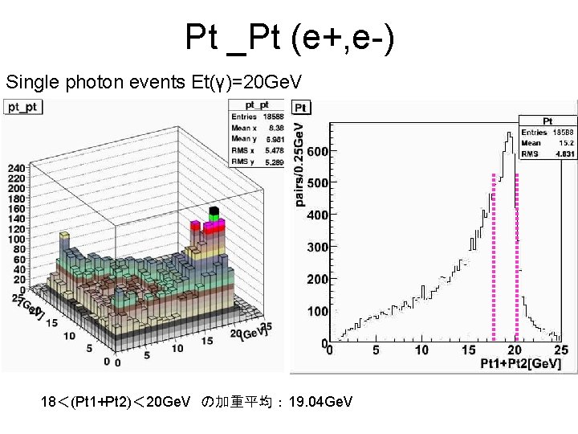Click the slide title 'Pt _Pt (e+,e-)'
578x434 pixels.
[x=289, y=38]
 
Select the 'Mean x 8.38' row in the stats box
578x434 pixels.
[x=255, y=127]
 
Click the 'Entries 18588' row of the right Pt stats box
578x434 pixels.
[x=547, y=132]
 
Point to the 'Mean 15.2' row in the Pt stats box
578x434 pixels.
[x=547, y=142]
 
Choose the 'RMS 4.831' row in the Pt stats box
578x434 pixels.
[x=547, y=153]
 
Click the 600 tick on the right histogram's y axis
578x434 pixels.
[x=319, y=151]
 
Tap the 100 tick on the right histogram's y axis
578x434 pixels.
[x=319, y=311]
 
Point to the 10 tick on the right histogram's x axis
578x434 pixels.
[x=421, y=350]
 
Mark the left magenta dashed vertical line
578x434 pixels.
[x=493, y=257]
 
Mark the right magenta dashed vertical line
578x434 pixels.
[x=517, y=257]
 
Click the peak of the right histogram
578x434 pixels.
[x=509, y=134]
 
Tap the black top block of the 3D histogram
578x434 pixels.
[x=214, y=211]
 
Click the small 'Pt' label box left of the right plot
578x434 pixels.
[x=300, y=108]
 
